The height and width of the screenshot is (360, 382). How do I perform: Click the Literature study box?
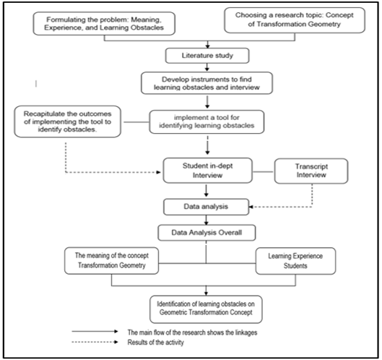[207, 56]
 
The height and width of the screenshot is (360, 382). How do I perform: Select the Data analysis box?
[206, 207]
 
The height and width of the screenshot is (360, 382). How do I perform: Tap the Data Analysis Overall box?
[207, 233]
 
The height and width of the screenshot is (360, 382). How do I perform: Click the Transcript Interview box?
[311, 171]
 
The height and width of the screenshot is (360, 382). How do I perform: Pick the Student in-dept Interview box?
[207, 171]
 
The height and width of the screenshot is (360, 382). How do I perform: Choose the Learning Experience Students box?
[295, 261]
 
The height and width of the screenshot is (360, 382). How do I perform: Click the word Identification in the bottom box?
[175, 304]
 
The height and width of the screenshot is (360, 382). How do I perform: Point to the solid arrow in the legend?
[95, 331]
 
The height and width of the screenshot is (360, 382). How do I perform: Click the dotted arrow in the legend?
[95, 342]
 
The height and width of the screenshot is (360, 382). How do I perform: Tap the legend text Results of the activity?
[156, 343]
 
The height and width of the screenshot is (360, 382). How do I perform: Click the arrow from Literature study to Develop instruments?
[207, 67]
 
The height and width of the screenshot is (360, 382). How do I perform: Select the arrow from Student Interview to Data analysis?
[207, 191]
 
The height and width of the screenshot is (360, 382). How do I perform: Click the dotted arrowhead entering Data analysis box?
[251, 207]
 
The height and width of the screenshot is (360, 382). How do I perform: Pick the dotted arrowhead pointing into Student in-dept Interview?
[158, 173]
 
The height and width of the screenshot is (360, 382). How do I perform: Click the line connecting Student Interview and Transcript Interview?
[264, 172]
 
